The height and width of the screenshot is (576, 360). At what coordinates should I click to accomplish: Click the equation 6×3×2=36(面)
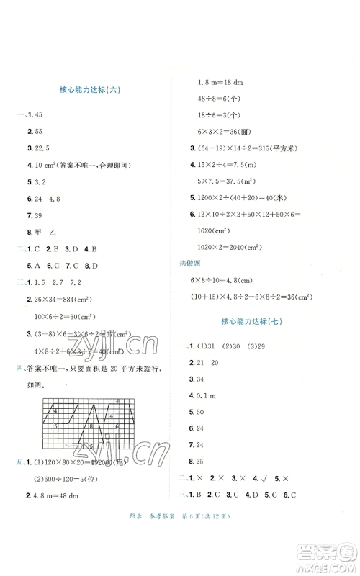click(224, 132)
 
